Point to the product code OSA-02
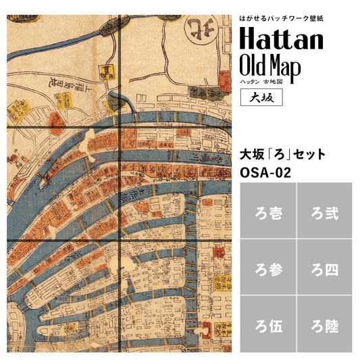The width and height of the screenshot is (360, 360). point(265,172)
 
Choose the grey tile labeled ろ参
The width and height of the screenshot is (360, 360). point(267,268)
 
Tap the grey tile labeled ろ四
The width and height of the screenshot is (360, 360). point(324,268)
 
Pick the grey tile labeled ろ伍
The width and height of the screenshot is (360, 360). point(267,325)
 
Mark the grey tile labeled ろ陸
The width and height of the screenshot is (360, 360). point(324,325)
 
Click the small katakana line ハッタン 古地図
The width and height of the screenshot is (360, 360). point(265,81)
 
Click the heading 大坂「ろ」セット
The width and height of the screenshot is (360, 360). point(283,155)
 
